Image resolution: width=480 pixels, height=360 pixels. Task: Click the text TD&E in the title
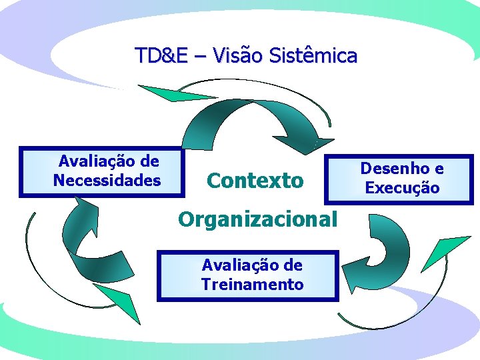point(161,55)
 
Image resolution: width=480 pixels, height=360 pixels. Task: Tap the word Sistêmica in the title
point(313,55)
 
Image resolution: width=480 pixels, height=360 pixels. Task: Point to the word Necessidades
point(107,180)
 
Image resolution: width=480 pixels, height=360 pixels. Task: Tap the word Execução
point(402,188)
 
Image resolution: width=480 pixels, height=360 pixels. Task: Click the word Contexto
point(255,180)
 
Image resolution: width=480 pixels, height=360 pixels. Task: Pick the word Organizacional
point(257,219)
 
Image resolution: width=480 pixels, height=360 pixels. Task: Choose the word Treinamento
point(252,285)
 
